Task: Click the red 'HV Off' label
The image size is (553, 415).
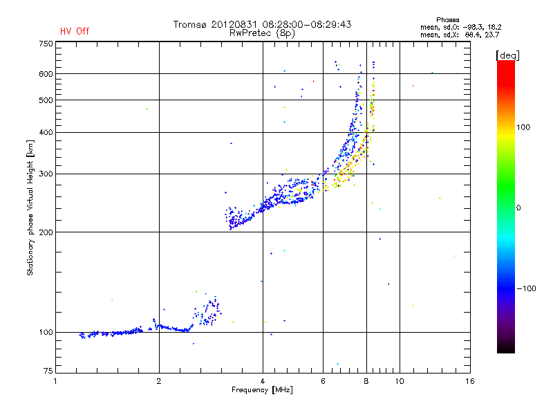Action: (75, 31)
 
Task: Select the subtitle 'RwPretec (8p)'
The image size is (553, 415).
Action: (262, 33)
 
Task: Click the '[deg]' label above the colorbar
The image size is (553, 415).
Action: (507, 56)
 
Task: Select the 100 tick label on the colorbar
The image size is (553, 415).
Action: (523, 127)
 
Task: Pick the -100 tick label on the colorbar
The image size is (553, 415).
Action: (526, 288)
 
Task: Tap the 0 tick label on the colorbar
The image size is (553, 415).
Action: (518, 208)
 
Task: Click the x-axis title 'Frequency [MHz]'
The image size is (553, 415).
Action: (262, 390)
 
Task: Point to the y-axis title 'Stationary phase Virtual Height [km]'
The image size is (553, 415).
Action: (30, 208)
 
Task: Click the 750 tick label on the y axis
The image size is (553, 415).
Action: (46, 44)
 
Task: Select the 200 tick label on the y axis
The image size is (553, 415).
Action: (46, 232)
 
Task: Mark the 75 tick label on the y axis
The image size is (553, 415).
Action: (48, 371)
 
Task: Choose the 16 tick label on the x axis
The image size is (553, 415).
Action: (470, 381)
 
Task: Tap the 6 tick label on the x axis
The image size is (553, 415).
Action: (323, 381)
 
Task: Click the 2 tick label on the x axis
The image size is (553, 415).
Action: (159, 381)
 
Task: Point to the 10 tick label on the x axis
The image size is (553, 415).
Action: (400, 381)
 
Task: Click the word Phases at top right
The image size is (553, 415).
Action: (447, 20)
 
